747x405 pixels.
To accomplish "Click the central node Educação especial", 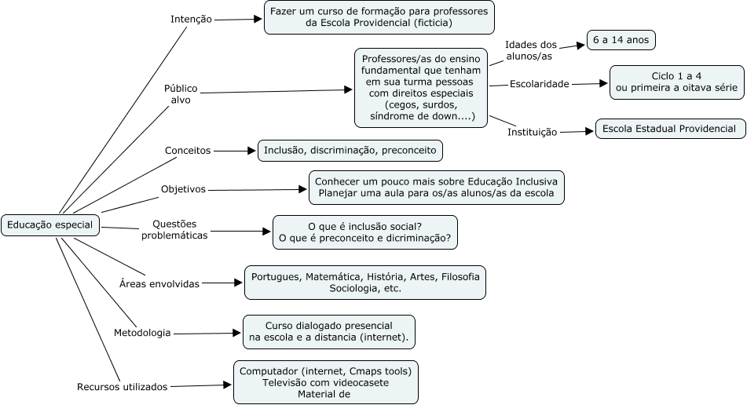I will [x=50, y=226].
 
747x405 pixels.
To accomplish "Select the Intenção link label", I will [x=191, y=19].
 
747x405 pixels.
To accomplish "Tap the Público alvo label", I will [x=181, y=94].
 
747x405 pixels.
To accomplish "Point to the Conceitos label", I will [x=187, y=150].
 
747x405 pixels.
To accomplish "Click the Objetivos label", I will [x=183, y=189].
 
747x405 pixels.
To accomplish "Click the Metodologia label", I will [x=142, y=333].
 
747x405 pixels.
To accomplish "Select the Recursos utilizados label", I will [x=123, y=386].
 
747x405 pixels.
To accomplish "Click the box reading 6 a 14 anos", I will [x=621, y=40].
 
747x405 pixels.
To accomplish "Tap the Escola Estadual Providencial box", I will [x=669, y=129].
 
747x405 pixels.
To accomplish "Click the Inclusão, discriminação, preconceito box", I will [x=350, y=150].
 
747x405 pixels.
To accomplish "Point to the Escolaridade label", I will [x=539, y=83].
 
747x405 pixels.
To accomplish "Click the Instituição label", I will [x=533, y=132].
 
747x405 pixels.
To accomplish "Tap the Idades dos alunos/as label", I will [x=530, y=51].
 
